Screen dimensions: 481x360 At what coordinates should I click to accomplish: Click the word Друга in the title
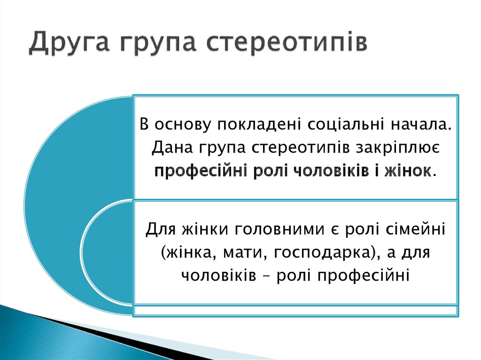pos(70,42)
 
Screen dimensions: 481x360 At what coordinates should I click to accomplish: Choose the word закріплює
pos(398,148)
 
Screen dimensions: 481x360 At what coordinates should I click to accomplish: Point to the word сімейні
pos(416,229)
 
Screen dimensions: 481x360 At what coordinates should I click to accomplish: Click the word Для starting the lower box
pos(161,229)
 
